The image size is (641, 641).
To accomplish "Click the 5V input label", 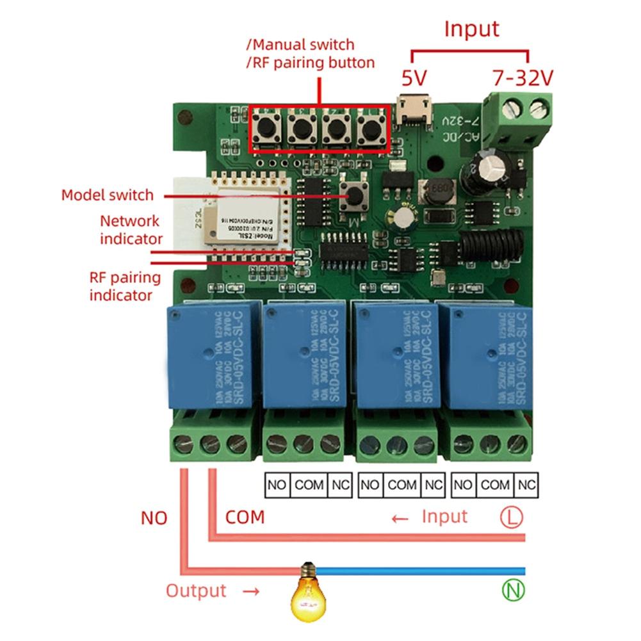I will (414, 78).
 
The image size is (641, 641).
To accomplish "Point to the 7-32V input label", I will (523, 78).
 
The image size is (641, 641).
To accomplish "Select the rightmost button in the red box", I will (369, 129).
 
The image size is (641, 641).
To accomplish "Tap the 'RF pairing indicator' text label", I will (125, 286).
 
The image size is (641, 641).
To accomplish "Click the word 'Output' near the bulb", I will (196, 590).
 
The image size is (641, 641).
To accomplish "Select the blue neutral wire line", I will (423, 571).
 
